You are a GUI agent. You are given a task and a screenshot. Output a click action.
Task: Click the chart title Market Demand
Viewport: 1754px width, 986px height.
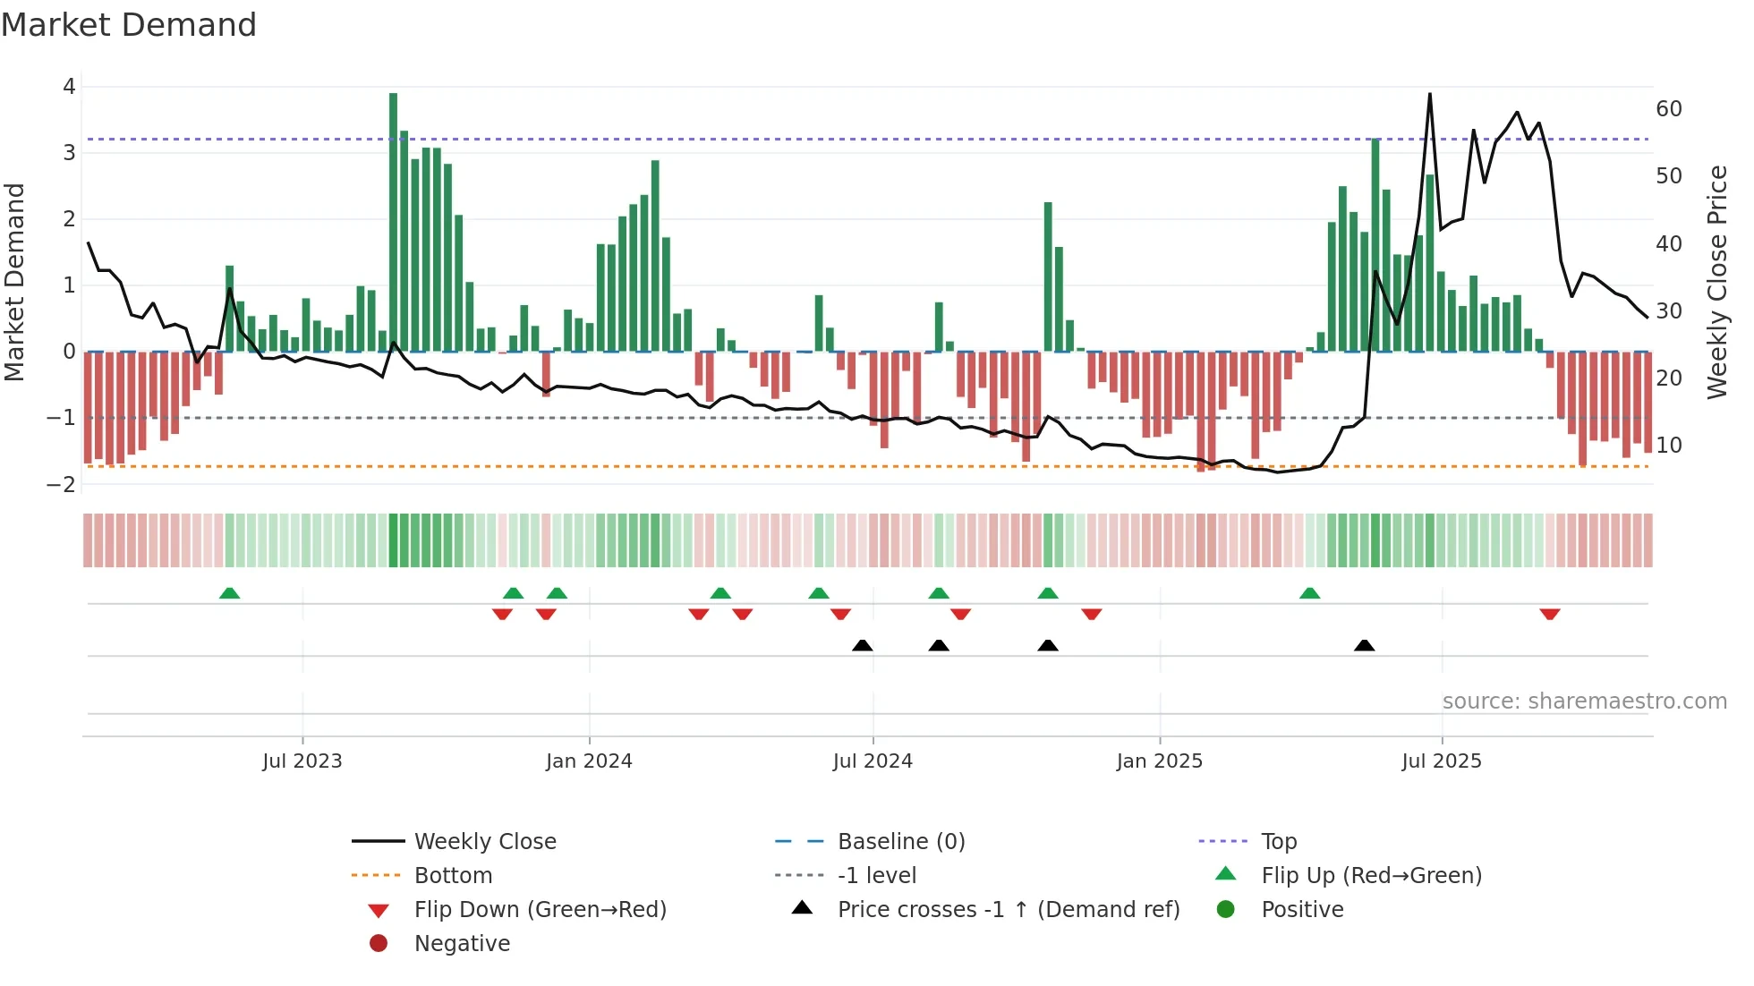129,25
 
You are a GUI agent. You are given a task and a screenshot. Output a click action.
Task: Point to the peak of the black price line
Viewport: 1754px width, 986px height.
1429,95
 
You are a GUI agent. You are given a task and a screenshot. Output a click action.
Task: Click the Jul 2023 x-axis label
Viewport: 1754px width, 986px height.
302,761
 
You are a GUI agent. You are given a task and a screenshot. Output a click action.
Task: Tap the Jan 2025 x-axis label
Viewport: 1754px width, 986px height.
1159,761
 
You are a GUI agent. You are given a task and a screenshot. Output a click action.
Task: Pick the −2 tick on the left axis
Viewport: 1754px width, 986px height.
62,485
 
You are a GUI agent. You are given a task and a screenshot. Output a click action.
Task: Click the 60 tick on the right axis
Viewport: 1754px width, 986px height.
1668,109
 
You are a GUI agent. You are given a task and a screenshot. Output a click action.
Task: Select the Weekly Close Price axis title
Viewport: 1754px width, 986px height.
1716,282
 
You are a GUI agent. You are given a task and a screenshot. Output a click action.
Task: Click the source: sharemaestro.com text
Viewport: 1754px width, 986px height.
1584,701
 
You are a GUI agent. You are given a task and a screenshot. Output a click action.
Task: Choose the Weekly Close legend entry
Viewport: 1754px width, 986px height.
484,842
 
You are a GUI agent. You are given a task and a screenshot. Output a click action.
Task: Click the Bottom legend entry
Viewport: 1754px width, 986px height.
453,876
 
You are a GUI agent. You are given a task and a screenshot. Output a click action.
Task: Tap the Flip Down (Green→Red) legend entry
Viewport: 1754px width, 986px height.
540,910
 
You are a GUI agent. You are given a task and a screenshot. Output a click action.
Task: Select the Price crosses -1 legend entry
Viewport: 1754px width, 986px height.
1008,910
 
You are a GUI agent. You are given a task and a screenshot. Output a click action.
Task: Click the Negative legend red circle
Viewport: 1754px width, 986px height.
379,944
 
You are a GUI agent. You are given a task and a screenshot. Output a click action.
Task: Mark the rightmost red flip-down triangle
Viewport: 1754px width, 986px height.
1550,615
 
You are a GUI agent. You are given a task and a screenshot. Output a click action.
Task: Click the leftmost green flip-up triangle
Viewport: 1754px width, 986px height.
229,593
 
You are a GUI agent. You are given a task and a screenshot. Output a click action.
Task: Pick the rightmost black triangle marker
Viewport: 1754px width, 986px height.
1364,645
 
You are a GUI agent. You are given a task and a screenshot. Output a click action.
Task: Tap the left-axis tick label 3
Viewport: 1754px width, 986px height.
69,153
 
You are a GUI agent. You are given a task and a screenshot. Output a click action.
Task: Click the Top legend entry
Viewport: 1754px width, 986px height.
1278,842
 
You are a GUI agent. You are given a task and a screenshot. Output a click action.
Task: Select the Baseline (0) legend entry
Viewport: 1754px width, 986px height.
900,842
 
